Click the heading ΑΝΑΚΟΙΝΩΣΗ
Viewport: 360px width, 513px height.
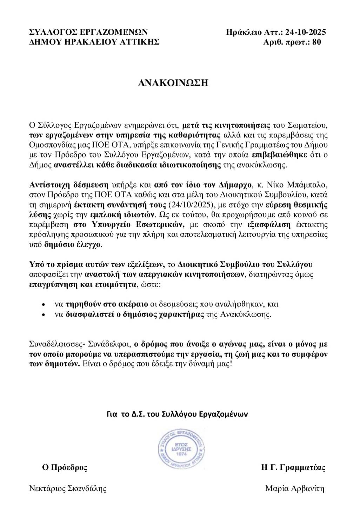click(173, 83)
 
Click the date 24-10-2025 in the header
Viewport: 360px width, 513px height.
click(305, 32)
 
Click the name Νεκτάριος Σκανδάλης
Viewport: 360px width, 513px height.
click(68, 488)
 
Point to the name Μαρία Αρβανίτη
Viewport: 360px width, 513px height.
click(295, 488)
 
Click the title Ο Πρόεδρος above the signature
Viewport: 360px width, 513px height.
click(65, 467)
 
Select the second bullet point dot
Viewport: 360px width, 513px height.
click(43, 315)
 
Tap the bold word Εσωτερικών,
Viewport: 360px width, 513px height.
click(163, 224)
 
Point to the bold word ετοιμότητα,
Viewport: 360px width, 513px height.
click(116, 284)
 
